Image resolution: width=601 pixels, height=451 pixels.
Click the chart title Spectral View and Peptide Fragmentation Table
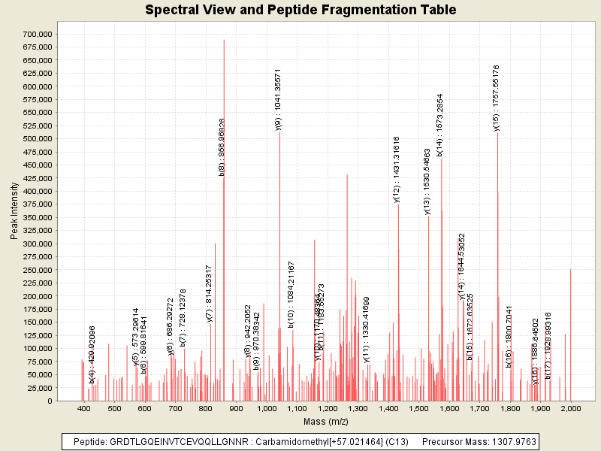300,11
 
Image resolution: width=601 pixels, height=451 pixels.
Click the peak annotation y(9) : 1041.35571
278,100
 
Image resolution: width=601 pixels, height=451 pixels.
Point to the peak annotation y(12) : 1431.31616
397,169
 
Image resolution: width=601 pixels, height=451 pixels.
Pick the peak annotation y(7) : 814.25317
210,293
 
